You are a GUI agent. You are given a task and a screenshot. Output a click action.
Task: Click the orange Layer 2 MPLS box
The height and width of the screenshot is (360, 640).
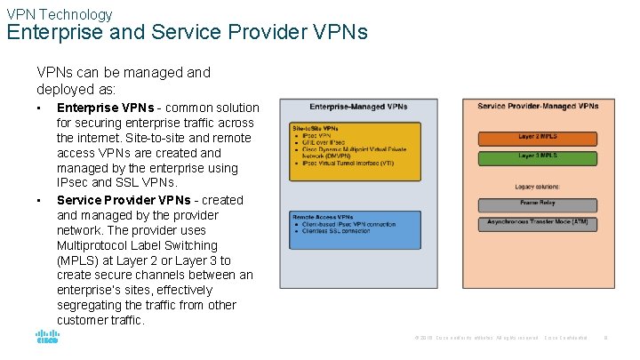(x=538, y=138)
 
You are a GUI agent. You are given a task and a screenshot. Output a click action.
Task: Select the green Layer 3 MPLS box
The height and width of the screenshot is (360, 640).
(x=538, y=156)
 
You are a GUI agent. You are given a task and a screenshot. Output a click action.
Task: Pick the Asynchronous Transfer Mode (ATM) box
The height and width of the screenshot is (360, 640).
(x=538, y=222)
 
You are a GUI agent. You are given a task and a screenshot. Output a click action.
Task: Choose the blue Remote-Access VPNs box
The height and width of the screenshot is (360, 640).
(x=355, y=228)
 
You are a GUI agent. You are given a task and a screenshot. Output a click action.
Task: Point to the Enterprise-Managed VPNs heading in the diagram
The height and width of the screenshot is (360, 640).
(x=358, y=107)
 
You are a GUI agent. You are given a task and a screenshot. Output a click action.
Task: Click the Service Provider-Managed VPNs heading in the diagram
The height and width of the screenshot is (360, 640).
(x=538, y=107)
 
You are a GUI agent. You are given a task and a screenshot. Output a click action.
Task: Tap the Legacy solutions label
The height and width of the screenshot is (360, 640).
(x=537, y=187)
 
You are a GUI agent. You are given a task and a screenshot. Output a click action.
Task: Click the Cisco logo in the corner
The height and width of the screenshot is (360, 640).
(x=47, y=338)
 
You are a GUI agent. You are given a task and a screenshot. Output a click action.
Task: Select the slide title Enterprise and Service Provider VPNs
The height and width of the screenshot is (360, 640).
(x=187, y=34)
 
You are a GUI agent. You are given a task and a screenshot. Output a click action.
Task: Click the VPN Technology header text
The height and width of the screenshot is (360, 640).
(x=60, y=13)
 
